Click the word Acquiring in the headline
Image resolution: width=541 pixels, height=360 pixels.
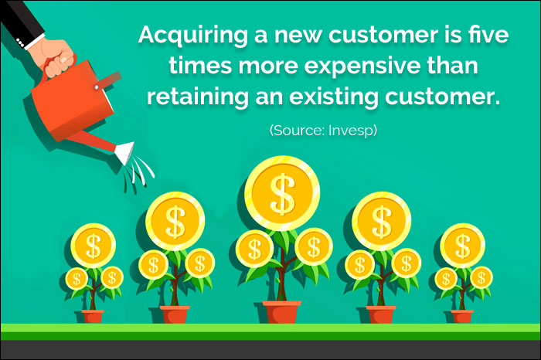tap(193, 36)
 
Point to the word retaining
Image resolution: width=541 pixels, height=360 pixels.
tap(198, 97)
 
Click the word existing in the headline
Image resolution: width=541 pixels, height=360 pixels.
tap(334, 97)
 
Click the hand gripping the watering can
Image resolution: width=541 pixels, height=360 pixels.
tap(56, 58)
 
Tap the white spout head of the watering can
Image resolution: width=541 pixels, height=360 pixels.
tap(125, 152)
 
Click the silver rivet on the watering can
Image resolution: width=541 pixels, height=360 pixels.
tap(97, 87)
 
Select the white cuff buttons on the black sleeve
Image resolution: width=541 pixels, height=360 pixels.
tap(20, 43)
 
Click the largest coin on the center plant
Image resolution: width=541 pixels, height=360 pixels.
tap(282, 193)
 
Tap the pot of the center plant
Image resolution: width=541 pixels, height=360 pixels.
tap(281, 312)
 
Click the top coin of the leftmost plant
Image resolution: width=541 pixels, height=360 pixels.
tap(94, 246)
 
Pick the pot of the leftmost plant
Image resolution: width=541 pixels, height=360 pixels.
tap(93, 317)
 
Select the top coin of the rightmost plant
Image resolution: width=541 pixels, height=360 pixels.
tap(462, 246)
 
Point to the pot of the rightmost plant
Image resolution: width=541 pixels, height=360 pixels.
tap(461, 317)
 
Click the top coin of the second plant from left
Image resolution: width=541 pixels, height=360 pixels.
tap(175, 222)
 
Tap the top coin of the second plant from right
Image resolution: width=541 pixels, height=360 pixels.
tap(381, 222)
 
